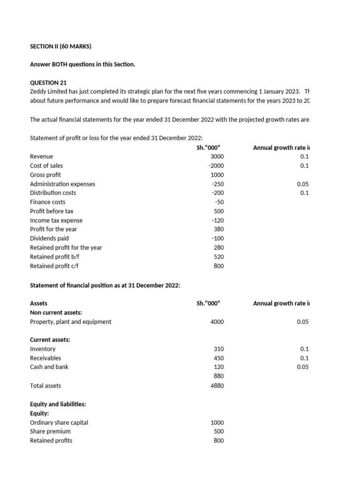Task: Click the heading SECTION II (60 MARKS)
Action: pyautogui.click(x=60, y=46)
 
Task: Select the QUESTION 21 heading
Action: pyautogui.click(x=49, y=82)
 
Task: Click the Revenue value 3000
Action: pyautogui.click(x=217, y=157)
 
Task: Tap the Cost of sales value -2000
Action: pyautogui.click(x=216, y=165)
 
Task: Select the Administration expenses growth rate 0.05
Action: pyautogui.click(x=303, y=184)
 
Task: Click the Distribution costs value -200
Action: pyautogui.click(x=217, y=193)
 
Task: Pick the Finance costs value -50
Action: pyautogui.click(x=219, y=202)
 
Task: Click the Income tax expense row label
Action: pyautogui.click(x=56, y=220)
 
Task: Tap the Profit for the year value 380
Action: pyautogui.click(x=219, y=229)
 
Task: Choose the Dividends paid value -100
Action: pyautogui.click(x=217, y=239)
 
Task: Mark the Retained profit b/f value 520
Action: pyautogui.click(x=219, y=257)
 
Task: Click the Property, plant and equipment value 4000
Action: pyautogui.click(x=217, y=322)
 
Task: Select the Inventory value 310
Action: pyautogui.click(x=219, y=349)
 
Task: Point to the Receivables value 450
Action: pyautogui.click(x=219, y=358)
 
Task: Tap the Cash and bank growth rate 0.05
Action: pyautogui.click(x=303, y=367)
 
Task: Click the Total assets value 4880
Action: pyautogui.click(x=217, y=386)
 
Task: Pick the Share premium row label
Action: pyautogui.click(x=50, y=431)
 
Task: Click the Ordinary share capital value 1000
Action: pyautogui.click(x=217, y=422)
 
